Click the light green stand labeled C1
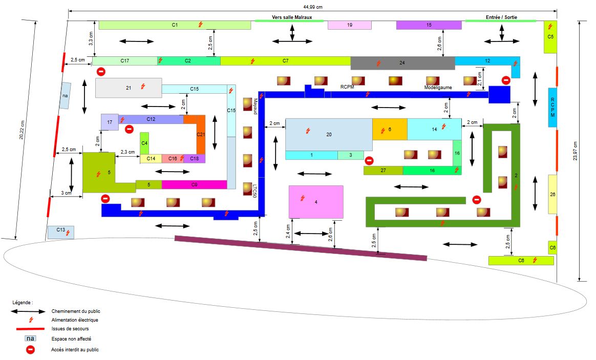(175, 25)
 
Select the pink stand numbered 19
(349, 25)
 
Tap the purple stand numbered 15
(429, 25)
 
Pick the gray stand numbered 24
(402, 63)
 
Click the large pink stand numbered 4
(316, 202)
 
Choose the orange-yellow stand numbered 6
(390, 130)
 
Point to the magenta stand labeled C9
(194, 184)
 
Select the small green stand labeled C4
(144, 143)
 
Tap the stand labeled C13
(61, 232)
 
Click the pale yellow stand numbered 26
(552, 194)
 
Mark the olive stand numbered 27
(383, 171)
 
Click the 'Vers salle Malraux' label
(290, 17)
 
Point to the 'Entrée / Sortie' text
(501, 17)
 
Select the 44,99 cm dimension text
(313, 7)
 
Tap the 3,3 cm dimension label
(91, 38)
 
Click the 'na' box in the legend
(31, 338)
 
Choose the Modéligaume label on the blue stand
(438, 88)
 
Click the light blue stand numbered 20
(329, 135)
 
